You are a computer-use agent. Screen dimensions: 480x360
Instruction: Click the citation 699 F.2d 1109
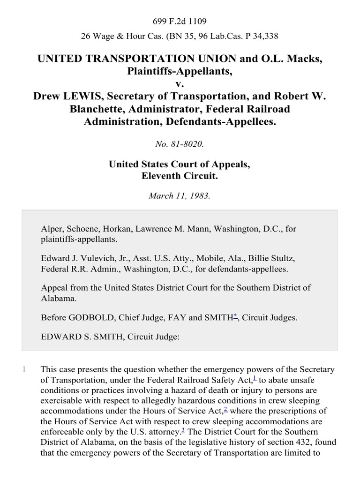(180, 21)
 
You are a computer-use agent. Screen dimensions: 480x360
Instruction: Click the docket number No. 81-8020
(180, 144)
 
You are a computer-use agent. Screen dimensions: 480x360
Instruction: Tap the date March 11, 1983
(180, 196)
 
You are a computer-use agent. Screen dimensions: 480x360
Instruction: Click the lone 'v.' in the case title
(180, 85)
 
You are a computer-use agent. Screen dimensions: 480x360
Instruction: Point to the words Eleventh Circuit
(180, 177)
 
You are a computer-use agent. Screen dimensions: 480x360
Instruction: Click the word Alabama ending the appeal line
(56, 297)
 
